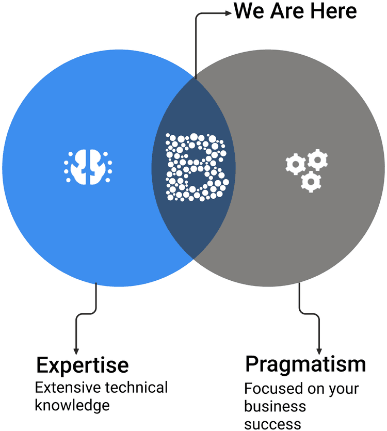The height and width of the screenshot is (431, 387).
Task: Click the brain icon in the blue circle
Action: tap(88, 167)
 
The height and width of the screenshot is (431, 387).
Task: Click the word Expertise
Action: tap(82, 365)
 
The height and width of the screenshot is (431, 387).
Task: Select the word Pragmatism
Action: tap(305, 364)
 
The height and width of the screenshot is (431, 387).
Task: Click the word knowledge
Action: tap(72, 405)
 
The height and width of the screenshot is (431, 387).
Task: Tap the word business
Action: tap(275, 406)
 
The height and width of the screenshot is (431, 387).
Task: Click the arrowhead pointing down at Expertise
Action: tap(76, 350)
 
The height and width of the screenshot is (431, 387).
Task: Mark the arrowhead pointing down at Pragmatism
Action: tap(319, 350)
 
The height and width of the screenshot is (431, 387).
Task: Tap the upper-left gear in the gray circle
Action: tap(295, 164)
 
